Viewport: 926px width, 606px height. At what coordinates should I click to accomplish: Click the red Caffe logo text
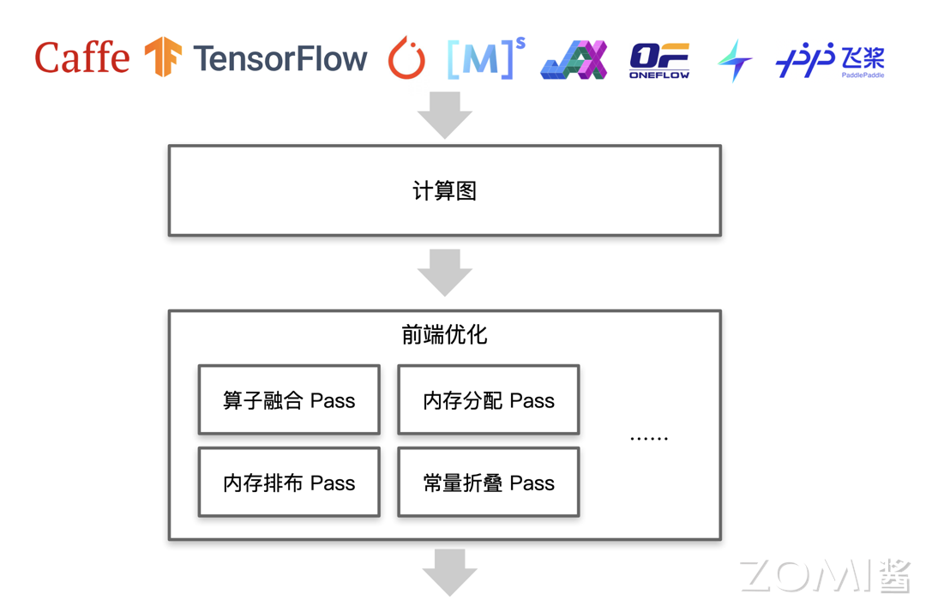coord(82,58)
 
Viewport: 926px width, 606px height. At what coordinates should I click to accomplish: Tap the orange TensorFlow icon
coord(163,57)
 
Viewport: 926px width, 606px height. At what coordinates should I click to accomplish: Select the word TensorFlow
coord(280,58)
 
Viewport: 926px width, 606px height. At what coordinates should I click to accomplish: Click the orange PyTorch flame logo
coord(406,58)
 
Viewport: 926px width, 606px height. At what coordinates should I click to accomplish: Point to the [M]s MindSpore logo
coord(484,58)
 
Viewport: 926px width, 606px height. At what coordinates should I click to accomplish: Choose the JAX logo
coord(574,60)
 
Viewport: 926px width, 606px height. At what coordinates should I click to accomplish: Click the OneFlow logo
coord(659,60)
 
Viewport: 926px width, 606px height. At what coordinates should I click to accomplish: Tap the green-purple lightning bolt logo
coord(735,60)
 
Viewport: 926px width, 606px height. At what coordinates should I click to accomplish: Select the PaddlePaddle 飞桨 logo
coord(829,60)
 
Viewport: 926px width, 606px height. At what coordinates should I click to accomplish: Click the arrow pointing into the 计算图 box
coord(444,113)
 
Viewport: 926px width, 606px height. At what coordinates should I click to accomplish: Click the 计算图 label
coord(444,191)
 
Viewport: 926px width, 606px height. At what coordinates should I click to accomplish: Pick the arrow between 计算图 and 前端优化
coord(444,272)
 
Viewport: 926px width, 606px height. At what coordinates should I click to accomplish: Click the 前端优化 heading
coord(444,335)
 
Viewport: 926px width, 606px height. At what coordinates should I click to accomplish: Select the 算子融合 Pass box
coord(289,400)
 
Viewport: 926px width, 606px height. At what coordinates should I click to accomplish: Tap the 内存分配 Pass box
coord(489,400)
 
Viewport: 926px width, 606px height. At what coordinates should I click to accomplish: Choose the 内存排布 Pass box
coord(289,483)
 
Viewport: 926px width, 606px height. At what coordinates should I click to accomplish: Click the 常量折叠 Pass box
coord(489,483)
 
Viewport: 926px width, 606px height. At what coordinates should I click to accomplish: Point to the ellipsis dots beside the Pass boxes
coord(648,438)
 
